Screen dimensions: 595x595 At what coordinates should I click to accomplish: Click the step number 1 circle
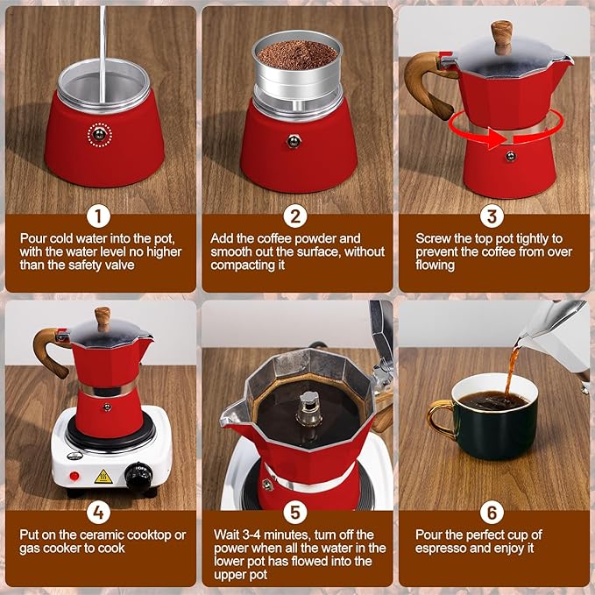[98, 216]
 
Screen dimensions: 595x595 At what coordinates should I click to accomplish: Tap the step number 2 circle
[295, 216]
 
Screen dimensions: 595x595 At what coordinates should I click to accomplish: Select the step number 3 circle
[492, 216]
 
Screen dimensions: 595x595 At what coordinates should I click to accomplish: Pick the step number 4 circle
[98, 513]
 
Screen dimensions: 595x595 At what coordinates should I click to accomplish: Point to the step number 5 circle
[295, 513]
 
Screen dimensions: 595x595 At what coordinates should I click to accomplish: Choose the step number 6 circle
[492, 513]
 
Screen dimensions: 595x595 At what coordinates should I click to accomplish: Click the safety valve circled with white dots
[99, 134]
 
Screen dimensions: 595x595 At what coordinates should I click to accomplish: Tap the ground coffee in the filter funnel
[297, 55]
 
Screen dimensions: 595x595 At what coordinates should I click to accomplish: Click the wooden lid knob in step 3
[501, 37]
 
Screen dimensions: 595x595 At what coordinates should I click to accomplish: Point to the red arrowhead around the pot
[495, 139]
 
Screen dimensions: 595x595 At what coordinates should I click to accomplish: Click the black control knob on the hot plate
[139, 477]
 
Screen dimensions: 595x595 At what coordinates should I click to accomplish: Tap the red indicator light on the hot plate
[74, 476]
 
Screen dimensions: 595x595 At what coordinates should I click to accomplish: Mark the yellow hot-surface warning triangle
[103, 477]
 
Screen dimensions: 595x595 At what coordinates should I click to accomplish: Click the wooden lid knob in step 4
[103, 319]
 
